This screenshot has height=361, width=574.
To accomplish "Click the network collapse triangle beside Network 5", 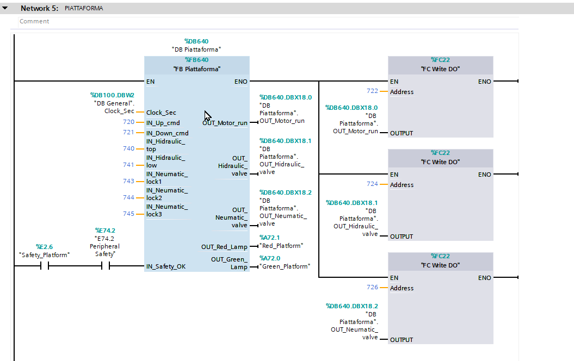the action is coord(5,8).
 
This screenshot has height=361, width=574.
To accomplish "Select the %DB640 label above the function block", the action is coord(196,41).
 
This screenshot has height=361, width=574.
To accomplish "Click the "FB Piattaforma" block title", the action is coord(196,69).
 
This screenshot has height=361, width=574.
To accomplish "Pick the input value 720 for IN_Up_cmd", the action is coord(128,122).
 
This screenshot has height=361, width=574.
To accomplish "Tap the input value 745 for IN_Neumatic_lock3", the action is coord(128,214).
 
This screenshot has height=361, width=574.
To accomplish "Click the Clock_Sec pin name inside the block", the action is coord(161,113).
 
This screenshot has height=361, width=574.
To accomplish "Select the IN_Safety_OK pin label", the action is coord(166,266).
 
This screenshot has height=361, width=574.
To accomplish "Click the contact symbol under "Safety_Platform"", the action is coord(44,266).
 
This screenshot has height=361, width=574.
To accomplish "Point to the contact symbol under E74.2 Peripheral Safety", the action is coord(106,266).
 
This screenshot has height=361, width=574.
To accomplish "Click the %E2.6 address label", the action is coord(44,247).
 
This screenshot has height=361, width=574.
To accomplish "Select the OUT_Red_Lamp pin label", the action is coord(224,247).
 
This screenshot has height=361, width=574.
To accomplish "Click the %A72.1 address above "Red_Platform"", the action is coord(269,238).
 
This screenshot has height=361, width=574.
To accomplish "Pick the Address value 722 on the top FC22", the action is coord(372,91).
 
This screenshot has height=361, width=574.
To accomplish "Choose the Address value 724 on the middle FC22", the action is coord(372,184).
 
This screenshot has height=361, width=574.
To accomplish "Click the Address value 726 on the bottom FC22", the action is coord(372,287).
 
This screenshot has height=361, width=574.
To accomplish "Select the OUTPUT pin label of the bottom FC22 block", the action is coord(401,340).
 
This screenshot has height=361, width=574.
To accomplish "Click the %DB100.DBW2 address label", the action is coord(112,95).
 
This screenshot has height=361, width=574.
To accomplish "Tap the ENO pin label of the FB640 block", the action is coord(241,82).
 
